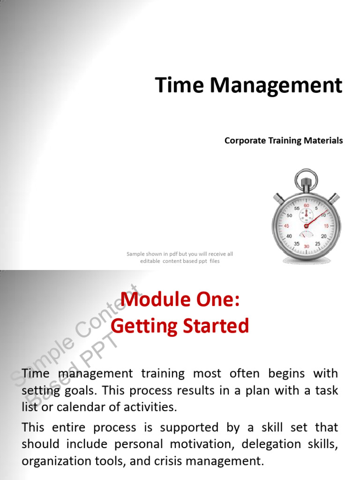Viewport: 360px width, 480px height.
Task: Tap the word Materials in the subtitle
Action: point(325,141)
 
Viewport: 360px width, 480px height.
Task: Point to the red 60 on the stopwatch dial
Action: point(307,205)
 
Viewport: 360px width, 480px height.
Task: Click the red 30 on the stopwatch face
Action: point(307,246)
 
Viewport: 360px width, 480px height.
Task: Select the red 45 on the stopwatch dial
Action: point(286,226)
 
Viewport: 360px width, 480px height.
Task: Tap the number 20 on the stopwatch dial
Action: point(324,236)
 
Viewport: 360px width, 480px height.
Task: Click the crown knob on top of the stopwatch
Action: point(307,180)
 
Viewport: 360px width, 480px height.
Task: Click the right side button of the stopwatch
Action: point(333,197)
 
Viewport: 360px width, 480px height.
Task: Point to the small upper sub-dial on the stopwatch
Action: point(307,215)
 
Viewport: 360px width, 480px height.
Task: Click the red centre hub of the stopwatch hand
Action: point(306,226)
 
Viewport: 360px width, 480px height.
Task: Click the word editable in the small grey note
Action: point(150,261)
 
